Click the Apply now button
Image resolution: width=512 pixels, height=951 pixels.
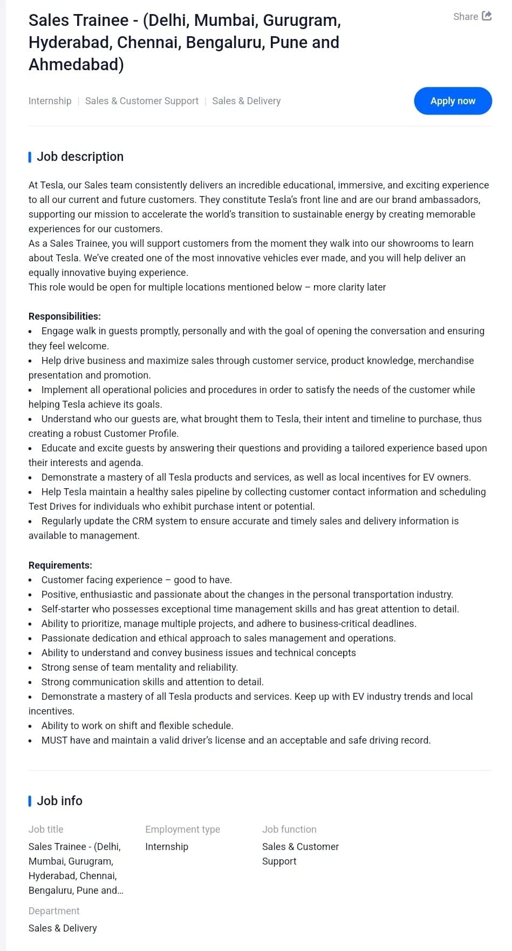click(453, 101)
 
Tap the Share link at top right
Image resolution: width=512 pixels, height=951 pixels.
click(466, 17)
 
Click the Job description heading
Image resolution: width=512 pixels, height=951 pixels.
click(80, 157)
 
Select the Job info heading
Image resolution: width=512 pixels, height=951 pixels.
click(59, 801)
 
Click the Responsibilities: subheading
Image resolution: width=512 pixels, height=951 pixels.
click(65, 316)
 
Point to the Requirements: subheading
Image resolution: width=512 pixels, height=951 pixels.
click(60, 565)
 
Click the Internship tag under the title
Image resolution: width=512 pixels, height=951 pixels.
click(50, 101)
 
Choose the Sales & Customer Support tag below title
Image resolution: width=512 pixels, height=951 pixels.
click(142, 101)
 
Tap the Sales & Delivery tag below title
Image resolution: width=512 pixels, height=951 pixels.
click(247, 101)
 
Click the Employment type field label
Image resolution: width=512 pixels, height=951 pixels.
click(182, 829)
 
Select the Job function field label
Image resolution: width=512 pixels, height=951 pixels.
click(289, 829)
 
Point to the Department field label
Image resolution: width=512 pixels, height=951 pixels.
click(54, 911)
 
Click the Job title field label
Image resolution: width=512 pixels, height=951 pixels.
click(46, 829)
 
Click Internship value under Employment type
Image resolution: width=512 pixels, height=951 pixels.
click(167, 847)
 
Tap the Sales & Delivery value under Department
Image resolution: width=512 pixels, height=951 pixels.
click(63, 928)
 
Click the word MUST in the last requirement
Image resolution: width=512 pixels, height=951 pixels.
click(54, 740)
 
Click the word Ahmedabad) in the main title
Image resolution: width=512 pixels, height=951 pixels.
click(76, 65)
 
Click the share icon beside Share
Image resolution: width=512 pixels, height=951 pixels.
click(487, 16)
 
